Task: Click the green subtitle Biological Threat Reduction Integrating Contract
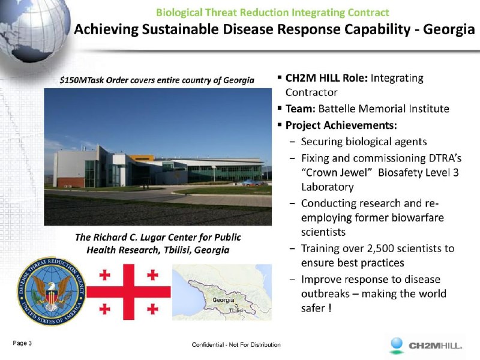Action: (272, 13)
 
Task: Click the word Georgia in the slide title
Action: (449, 29)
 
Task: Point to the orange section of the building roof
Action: (142, 158)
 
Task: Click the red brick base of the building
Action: (71, 182)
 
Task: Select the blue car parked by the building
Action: (251, 183)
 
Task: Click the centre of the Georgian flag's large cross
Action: (128, 292)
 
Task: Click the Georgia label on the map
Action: (223, 300)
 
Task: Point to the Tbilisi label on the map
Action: (236, 310)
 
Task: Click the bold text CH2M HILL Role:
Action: (326, 78)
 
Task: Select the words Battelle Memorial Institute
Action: (383, 109)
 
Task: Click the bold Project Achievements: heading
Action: (341, 125)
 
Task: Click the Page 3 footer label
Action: (22, 343)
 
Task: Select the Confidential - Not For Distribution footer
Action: (236, 344)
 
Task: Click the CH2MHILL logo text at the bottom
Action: (436, 346)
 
